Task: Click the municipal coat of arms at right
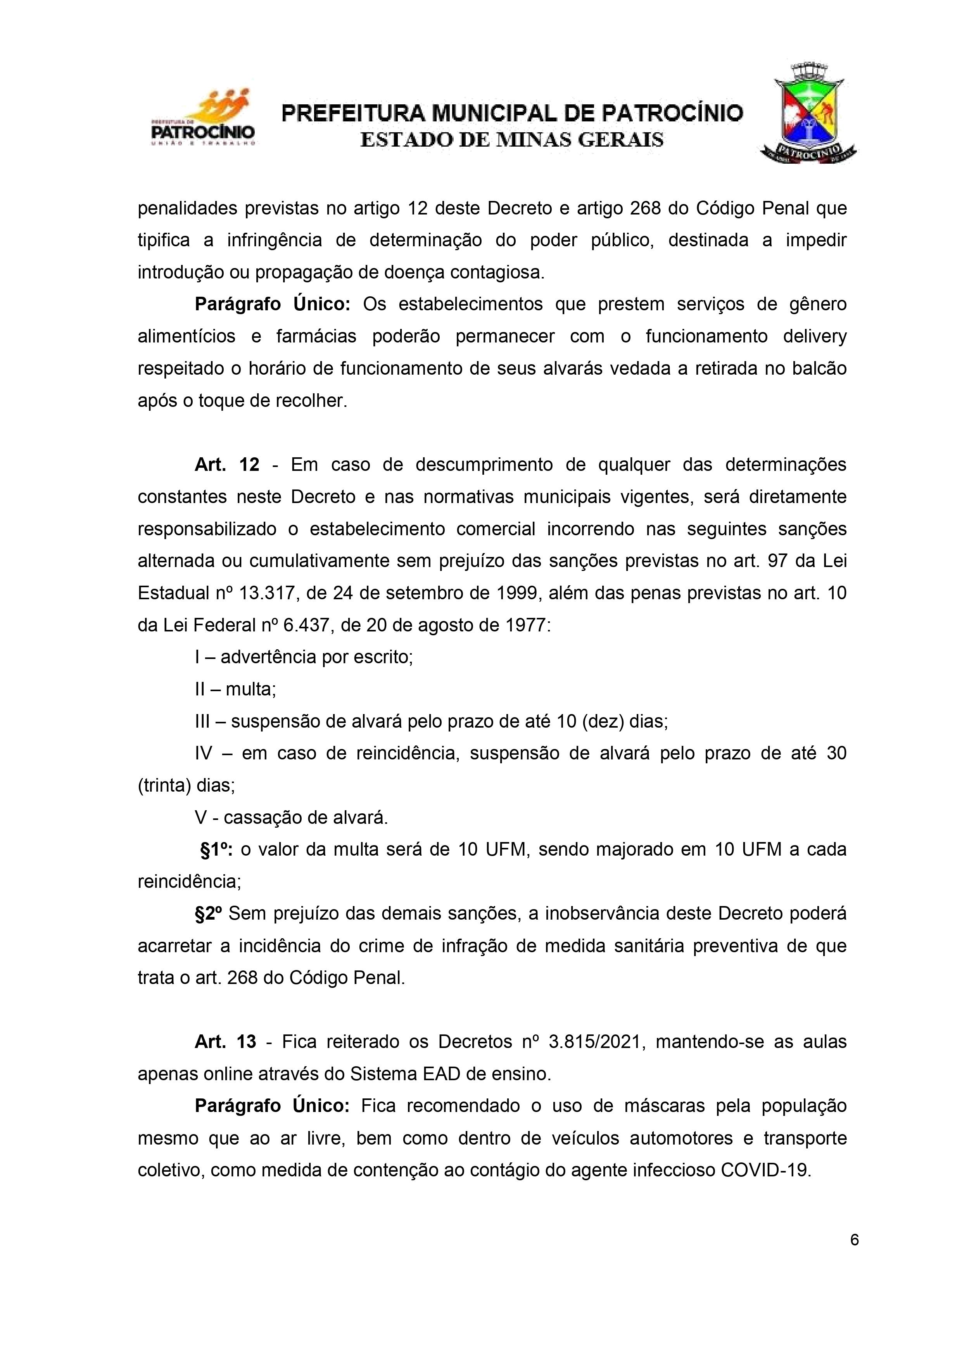pos(808,113)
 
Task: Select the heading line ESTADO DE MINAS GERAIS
pos(512,140)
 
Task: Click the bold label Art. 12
pos(227,464)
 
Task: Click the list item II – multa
pos(235,689)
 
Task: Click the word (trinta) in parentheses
pos(164,785)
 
